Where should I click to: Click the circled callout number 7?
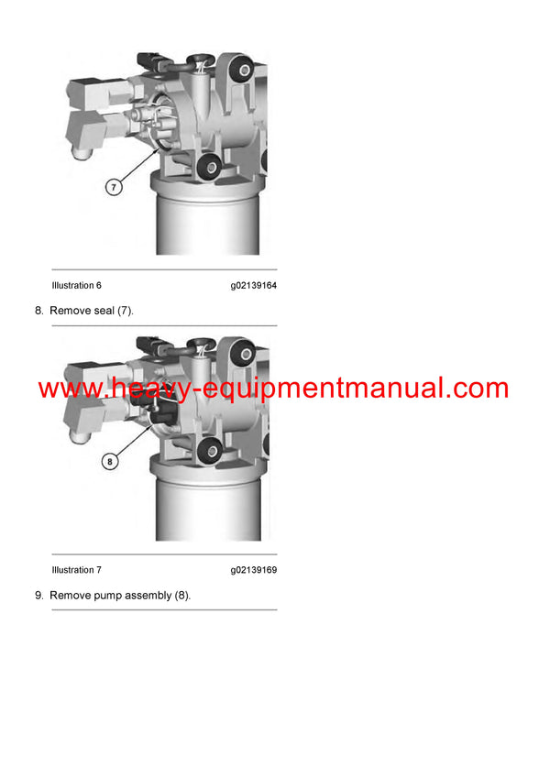coord(114,187)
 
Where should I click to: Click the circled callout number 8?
coord(110,462)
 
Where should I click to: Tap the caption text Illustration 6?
coord(76,286)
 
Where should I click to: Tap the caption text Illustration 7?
coord(76,570)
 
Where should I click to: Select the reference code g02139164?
coord(253,286)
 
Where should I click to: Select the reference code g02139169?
coord(253,570)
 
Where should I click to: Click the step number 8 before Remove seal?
coord(38,311)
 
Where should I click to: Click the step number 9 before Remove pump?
coord(38,596)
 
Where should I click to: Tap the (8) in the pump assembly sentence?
coord(181,596)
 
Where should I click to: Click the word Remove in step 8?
coord(68,311)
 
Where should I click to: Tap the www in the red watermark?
coord(69,389)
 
